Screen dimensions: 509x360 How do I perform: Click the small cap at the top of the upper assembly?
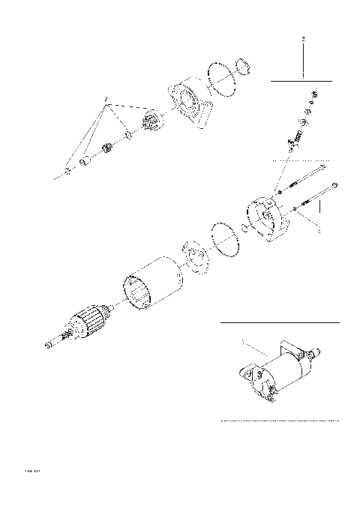(x=242, y=66)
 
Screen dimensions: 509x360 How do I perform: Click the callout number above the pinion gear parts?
(x=106, y=98)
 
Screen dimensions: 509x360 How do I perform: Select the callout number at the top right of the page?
(x=302, y=37)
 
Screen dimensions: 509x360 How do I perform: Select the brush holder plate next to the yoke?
(x=194, y=258)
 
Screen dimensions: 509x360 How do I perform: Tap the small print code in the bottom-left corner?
(x=31, y=472)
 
